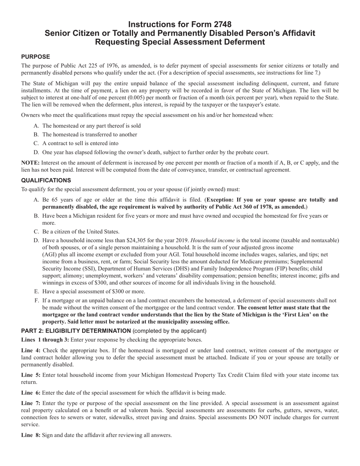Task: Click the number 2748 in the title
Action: [x=219, y=25]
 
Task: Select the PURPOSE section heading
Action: [x=36, y=57]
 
